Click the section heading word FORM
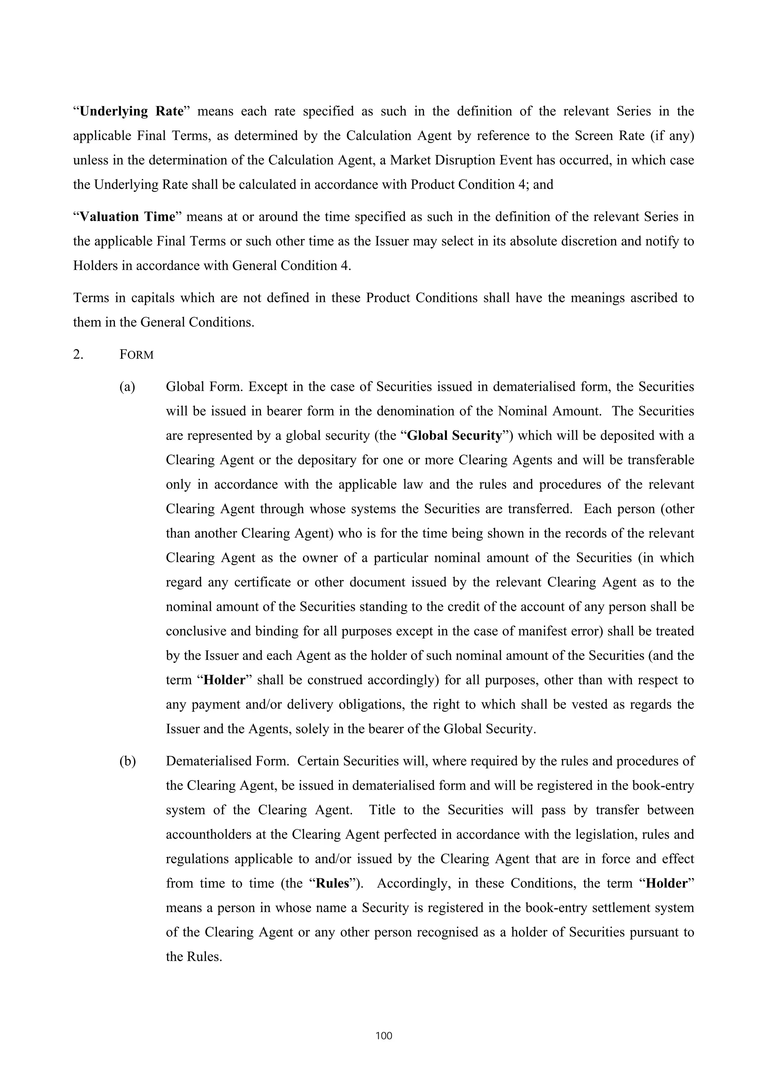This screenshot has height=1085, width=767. point(137,355)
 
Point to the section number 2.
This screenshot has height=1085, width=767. point(78,355)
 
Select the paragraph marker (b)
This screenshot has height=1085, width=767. point(127,761)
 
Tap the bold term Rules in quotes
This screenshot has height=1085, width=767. point(332,883)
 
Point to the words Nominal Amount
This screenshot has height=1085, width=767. point(550,411)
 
